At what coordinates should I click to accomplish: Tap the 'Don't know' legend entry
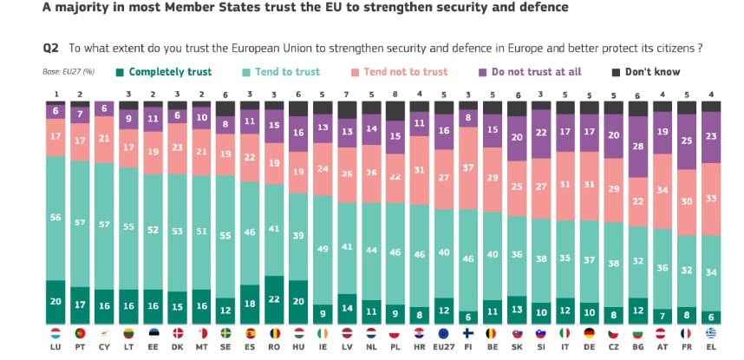pos(652,72)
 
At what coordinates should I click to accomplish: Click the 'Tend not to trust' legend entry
pos(407,72)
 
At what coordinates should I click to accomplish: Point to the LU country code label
pos(55,345)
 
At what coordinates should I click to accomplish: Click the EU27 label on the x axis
pos(444,345)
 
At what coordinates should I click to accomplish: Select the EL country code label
pos(712,345)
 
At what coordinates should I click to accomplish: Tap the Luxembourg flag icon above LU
pos(55,332)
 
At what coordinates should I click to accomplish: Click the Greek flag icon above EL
pos(712,332)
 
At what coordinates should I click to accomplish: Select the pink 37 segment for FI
pos(468,168)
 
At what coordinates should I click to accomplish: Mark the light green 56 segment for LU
pos(55,218)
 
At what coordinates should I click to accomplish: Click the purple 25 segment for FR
pos(688,141)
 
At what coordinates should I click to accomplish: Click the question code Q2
pos(50,49)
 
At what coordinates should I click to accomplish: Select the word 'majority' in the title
pos(77,8)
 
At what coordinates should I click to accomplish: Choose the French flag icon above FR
pos(688,332)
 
